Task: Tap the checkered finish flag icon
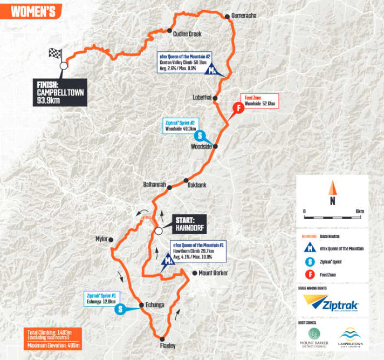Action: click(56, 54)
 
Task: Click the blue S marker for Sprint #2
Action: click(199, 135)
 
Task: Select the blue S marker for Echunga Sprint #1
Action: click(121, 309)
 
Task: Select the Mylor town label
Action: click(101, 239)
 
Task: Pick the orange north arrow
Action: click(333, 189)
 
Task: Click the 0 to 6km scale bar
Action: click(332, 216)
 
